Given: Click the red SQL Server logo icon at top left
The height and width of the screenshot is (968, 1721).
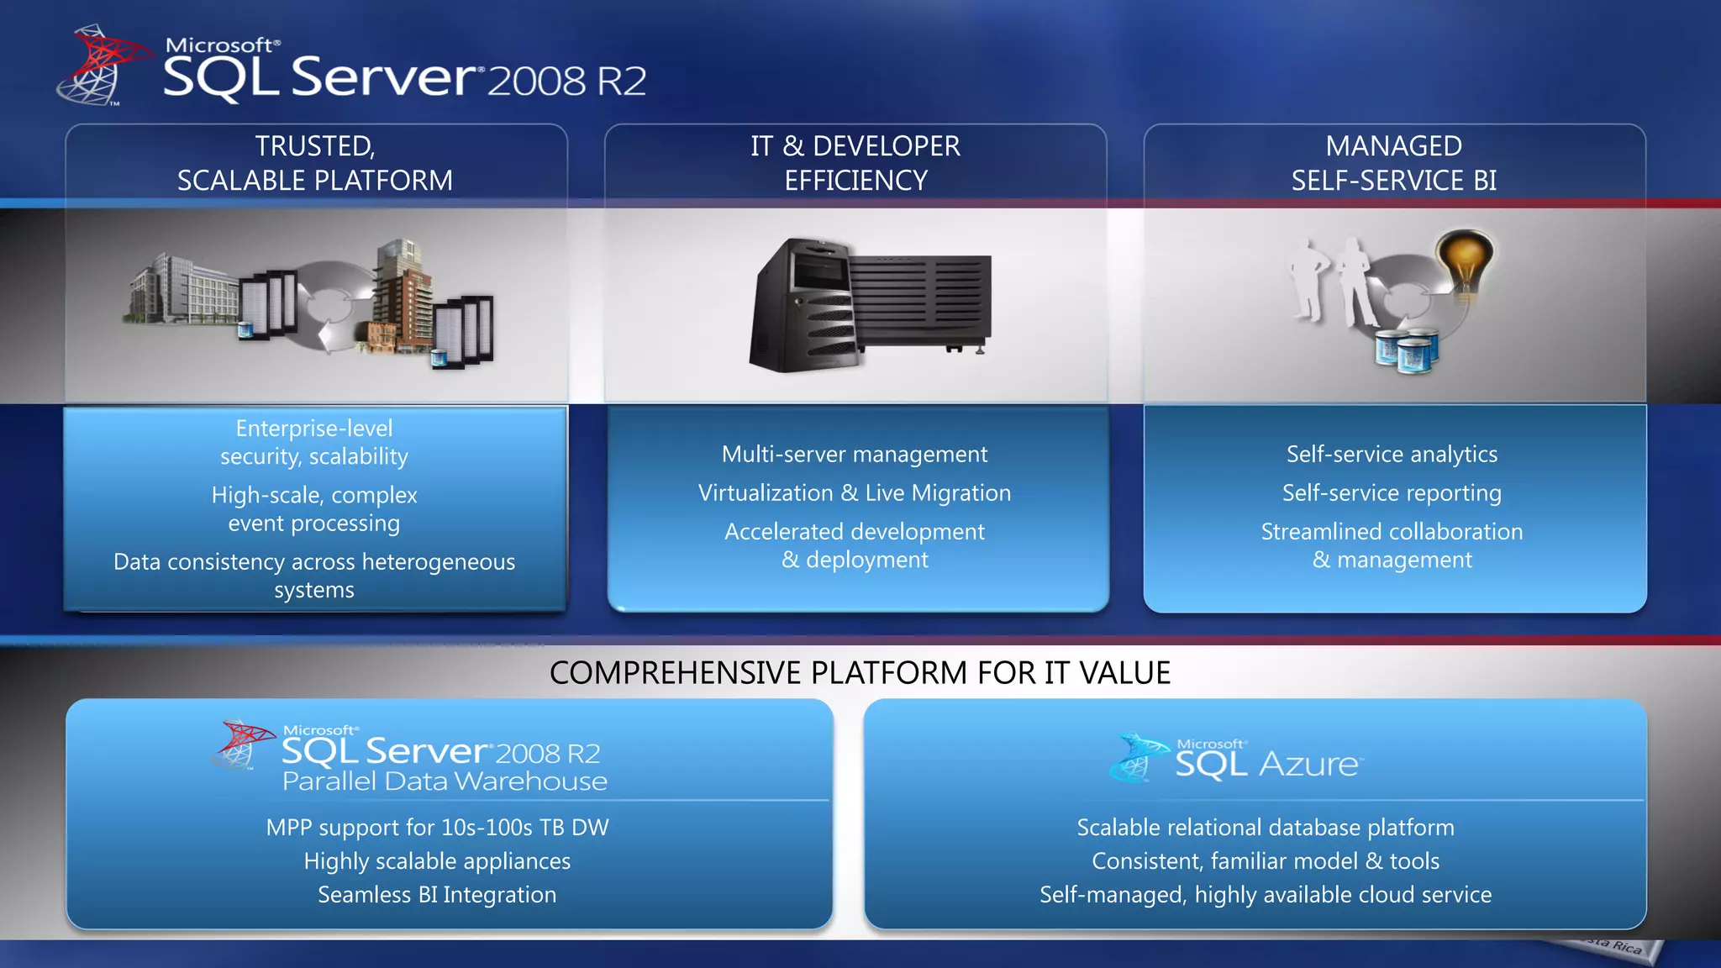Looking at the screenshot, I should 99,66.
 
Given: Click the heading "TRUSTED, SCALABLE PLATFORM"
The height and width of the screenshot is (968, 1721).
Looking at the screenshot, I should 315,163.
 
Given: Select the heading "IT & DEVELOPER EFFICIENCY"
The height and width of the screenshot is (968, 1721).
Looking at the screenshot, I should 855,163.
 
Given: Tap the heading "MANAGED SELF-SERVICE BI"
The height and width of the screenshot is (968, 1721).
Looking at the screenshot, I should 1393,163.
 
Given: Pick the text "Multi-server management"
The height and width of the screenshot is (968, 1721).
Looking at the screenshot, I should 855,455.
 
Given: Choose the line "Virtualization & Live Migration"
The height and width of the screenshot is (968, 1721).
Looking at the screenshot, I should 855,493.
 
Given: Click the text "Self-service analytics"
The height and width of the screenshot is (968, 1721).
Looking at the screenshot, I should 1392,455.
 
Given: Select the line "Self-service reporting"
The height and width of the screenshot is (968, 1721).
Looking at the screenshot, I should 1392,493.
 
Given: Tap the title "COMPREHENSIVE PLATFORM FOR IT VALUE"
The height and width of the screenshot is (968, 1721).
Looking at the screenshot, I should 860,673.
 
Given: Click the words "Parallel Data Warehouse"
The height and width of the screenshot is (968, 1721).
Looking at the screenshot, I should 445,781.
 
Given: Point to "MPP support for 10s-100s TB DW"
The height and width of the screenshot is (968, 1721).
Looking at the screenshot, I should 437,828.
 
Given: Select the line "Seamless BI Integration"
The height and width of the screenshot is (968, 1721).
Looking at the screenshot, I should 437,895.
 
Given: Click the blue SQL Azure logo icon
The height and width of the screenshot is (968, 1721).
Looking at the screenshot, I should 1139,758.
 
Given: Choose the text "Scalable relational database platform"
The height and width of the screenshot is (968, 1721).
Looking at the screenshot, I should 1266,828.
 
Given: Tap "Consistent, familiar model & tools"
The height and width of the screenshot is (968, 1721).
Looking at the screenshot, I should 1266,861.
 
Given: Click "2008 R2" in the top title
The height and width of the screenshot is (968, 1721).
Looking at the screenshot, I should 566,82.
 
